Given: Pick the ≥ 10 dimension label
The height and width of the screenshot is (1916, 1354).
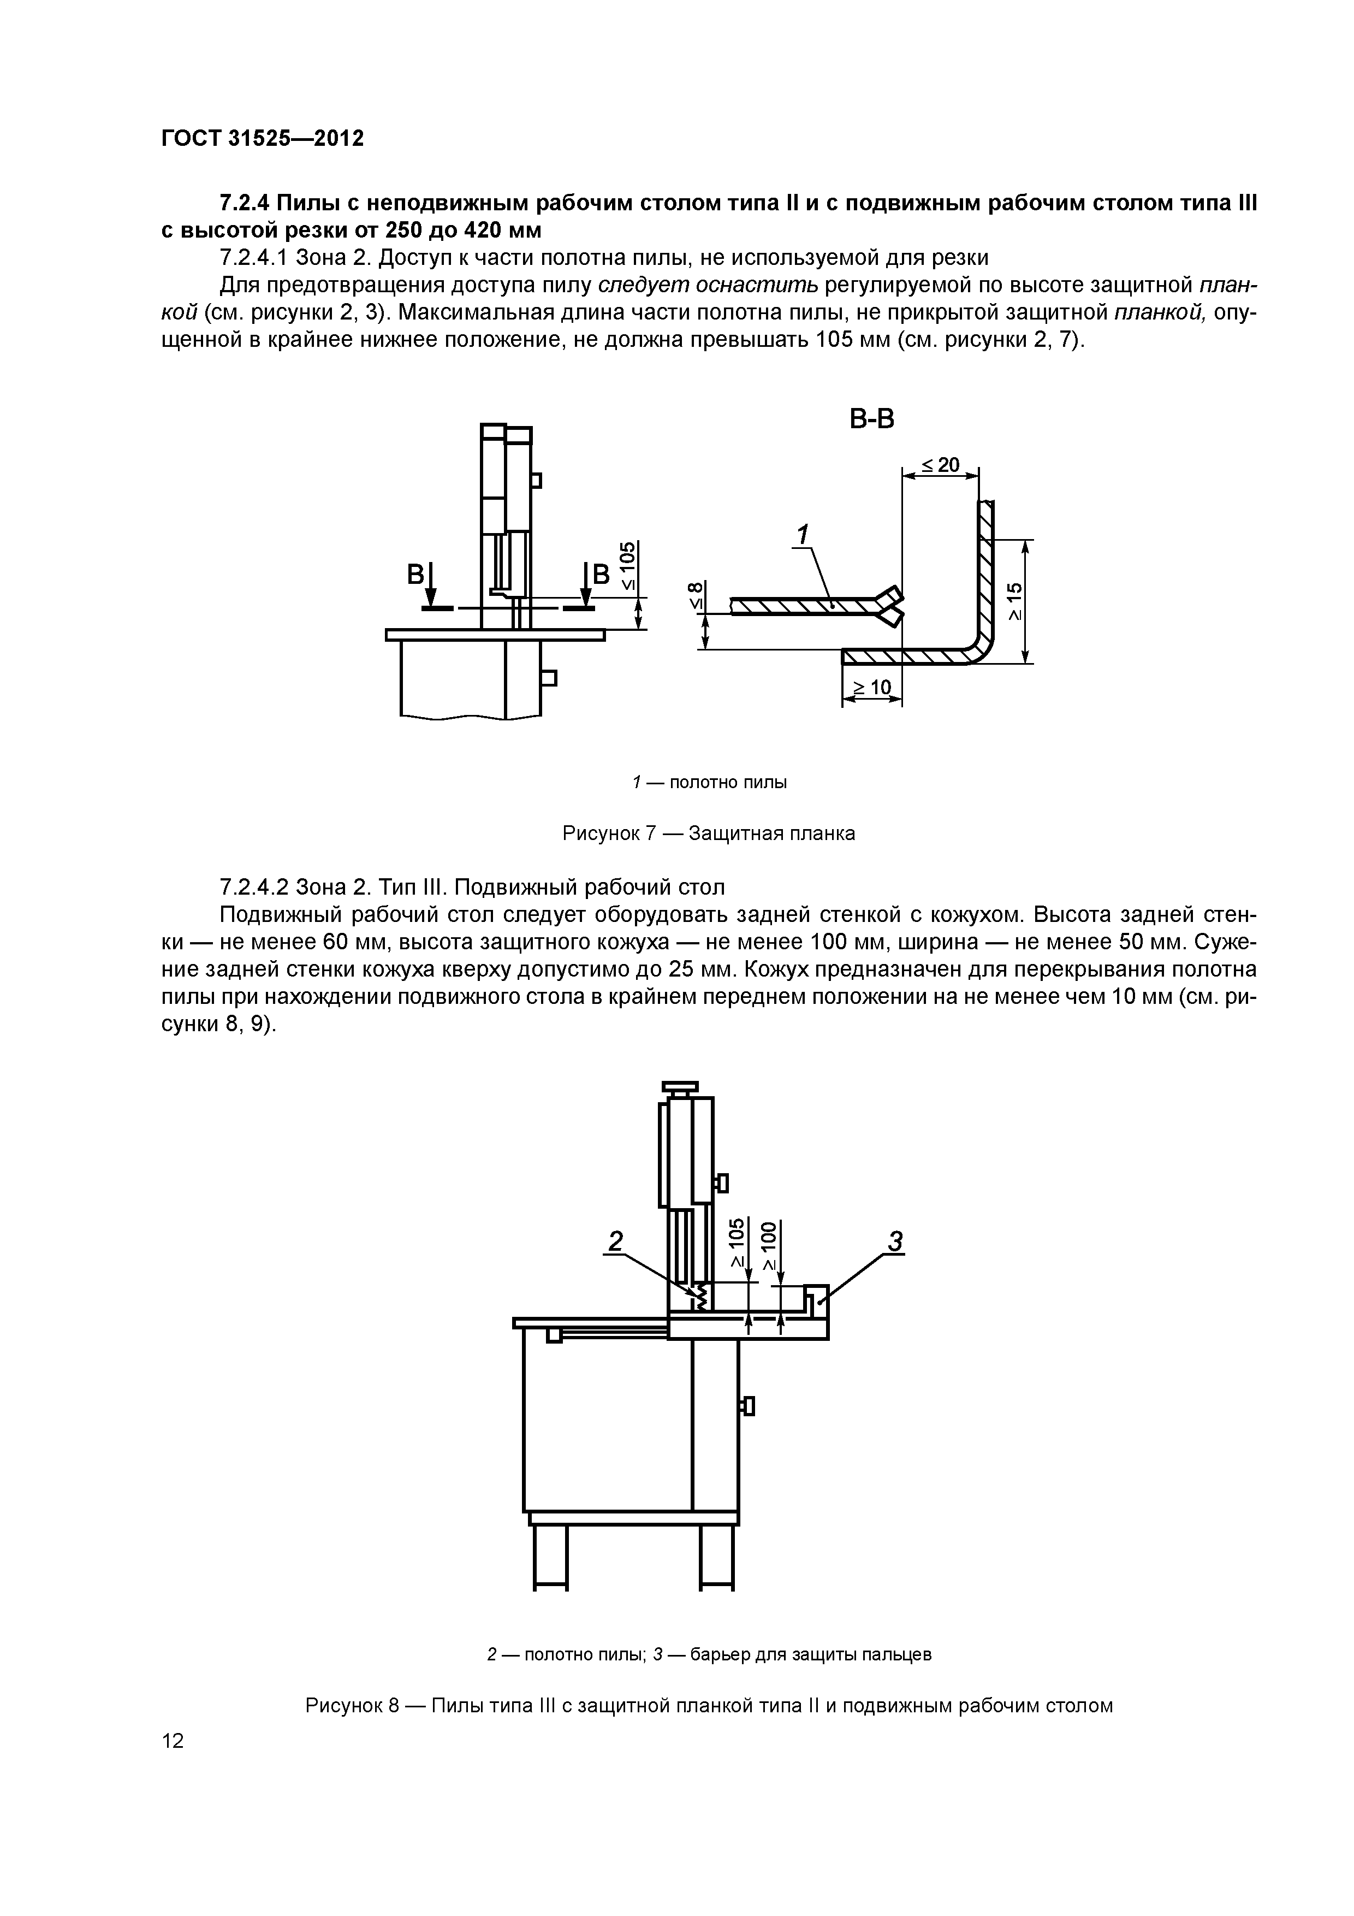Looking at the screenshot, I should pos(871,688).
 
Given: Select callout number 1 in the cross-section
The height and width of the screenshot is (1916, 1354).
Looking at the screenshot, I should pos(803,534).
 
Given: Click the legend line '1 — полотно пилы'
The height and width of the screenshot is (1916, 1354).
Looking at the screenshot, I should pos(710,782).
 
